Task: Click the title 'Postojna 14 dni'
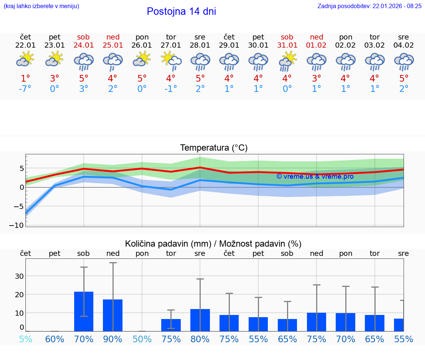[x=181, y=11]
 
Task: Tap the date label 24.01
[x=83, y=45]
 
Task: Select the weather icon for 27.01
[x=171, y=61]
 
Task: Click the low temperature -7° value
[x=25, y=89]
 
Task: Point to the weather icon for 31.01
[x=287, y=61]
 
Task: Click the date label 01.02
[x=316, y=45]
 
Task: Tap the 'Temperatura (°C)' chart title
[x=214, y=148]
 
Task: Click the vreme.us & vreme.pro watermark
[x=315, y=176]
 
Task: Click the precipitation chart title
[x=213, y=244]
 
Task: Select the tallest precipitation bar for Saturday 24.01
[x=84, y=311]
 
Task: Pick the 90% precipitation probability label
[x=113, y=339]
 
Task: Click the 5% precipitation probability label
[x=25, y=339]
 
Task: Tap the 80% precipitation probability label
[x=200, y=339]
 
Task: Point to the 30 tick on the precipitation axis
[x=19, y=276]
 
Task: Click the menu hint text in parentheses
[x=41, y=6]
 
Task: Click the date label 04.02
[x=404, y=45]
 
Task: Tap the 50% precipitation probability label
[x=142, y=339]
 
